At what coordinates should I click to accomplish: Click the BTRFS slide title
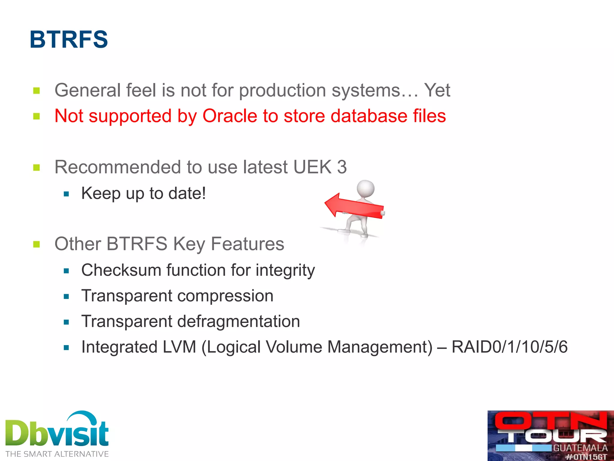69,39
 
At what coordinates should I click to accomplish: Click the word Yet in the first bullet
437,90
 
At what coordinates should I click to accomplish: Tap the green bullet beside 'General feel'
37,91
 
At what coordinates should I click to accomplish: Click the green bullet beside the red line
37,116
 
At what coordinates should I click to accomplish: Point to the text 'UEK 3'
320,167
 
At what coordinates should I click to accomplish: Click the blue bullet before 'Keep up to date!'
66,194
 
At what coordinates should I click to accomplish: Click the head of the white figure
365,189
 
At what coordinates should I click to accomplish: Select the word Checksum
121,270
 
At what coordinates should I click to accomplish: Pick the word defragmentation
238,321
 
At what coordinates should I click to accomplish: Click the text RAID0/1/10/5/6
509,347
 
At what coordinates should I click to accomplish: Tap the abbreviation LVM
179,347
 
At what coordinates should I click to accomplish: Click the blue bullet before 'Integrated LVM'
66,348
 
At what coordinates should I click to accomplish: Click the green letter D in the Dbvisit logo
17,433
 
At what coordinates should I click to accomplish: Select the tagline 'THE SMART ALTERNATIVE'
57,454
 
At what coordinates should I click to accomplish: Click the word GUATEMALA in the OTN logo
580,448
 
